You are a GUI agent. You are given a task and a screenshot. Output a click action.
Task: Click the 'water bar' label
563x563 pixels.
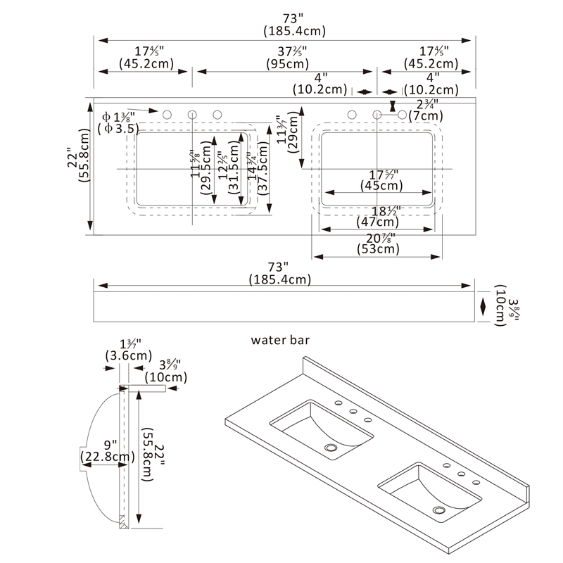click(281, 340)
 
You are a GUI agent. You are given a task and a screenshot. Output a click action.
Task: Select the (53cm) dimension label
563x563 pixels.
click(377, 249)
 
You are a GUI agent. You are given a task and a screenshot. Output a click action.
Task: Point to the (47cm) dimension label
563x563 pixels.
click(377, 223)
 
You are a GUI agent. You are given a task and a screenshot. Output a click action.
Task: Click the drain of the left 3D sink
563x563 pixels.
click(330, 446)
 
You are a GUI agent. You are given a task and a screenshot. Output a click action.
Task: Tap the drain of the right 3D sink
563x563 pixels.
click(440, 510)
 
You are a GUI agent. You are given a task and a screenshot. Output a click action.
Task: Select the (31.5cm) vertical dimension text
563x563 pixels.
click(230, 177)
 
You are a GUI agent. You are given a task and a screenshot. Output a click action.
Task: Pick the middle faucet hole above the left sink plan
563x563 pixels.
click(192, 115)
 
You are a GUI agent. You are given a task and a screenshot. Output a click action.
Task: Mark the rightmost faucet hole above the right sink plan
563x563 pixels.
click(403, 115)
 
